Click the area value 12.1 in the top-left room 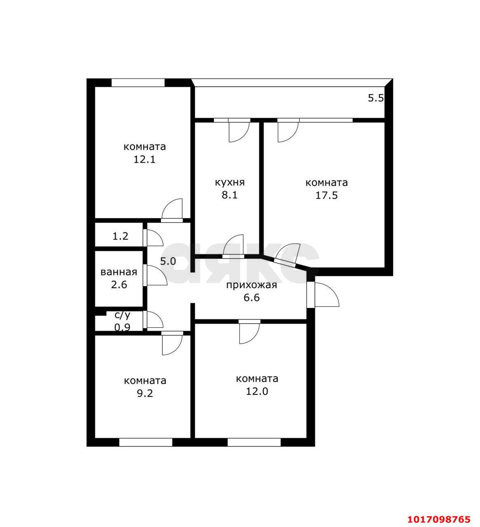pos(144,159)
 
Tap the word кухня pos(229,182)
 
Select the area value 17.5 pos(326,195)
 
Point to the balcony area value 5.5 pos(376,98)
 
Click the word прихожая pos(251,285)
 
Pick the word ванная pos(119,272)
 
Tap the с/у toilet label pos(122,315)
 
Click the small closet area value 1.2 pos(120,236)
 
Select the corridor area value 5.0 pos(168,261)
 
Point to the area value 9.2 pos(145,393)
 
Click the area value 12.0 pos(257,391)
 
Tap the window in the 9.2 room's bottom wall pos(145,442)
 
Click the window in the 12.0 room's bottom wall pos(254,442)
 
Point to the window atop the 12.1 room pos(138,82)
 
